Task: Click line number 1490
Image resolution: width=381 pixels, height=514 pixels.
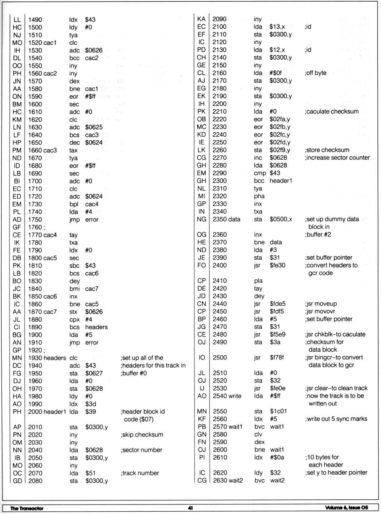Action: (x=35, y=19)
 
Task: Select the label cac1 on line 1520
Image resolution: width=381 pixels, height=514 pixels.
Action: (x=50, y=43)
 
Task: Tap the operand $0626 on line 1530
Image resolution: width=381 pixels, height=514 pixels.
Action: (x=94, y=50)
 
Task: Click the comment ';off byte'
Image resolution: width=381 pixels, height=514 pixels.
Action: (x=316, y=73)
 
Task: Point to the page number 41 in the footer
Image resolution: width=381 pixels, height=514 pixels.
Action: (x=190, y=508)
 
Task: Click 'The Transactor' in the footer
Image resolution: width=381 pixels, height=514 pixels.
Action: (x=27, y=508)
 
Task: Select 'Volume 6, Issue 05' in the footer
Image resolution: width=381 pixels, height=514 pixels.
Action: (x=346, y=508)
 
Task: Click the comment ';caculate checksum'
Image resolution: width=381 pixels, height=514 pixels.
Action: (x=331, y=111)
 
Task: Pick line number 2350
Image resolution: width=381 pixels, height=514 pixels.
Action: (x=219, y=219)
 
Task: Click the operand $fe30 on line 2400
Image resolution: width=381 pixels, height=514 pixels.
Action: (x=277, y=266)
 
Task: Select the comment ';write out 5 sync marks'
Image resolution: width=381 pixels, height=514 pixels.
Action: (x=336, y=419)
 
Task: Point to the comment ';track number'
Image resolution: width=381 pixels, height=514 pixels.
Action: (x=140, y=473)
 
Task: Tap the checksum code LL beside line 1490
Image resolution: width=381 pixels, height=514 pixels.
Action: (x=17, y=19)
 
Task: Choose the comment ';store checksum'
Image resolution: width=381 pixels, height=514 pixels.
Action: (x=327, y=150)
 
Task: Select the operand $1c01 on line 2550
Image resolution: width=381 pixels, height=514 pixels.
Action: (x=278, y=411)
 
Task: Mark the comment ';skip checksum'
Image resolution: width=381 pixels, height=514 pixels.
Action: (x=142, y=435)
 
